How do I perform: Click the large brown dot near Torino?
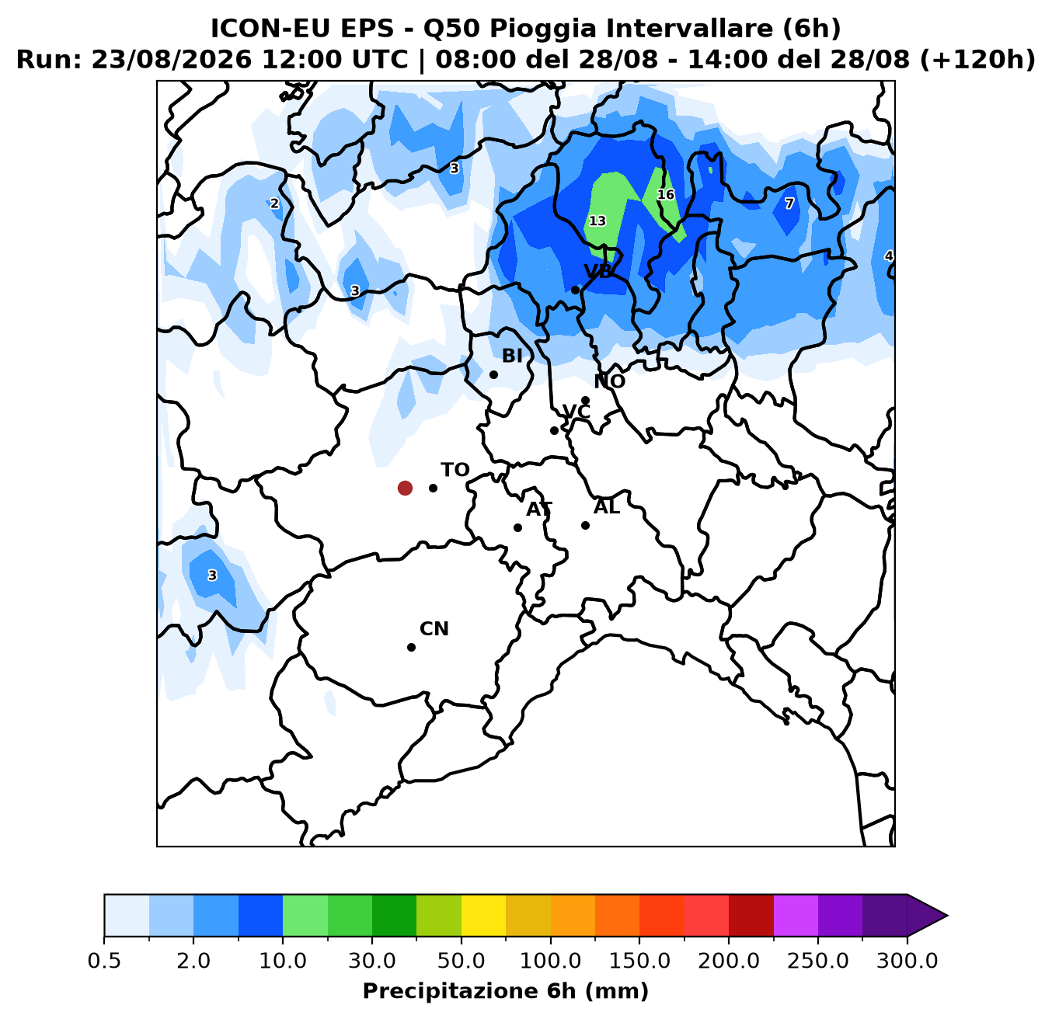pyautogui.click(x=405, y=488)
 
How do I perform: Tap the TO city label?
pyautogui.click(x=455, y=470)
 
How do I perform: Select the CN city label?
pyautogui.click(x=434, y=629)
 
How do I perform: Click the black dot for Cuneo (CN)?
pyautogui.click(x=411, y=647)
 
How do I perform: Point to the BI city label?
pyautogui.click(x=512, y=356)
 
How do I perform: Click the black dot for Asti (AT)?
pyautogui.click(x=517, y=528)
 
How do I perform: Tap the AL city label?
pyautogui.click(x=607, y=507)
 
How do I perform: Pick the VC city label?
pyautogui.click(x=577, y=412)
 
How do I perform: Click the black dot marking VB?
pyautogui.click(x=575, y=290)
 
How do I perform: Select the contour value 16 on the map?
pyautogui.click(x=666, y=194)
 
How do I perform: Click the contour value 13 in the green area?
pyautogui.click(x=597, y=221)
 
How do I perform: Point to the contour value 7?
pyautogui.click(x=789, y=203)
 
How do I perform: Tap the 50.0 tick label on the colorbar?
pyautogui.click(x=462, y=962)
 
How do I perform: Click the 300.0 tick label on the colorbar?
pyautogui.click(x=907, y=962)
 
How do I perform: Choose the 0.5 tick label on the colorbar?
pyautogui.click(x=104, y=962)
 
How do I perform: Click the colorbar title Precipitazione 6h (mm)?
pyautogui.click(x=506, y=992)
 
